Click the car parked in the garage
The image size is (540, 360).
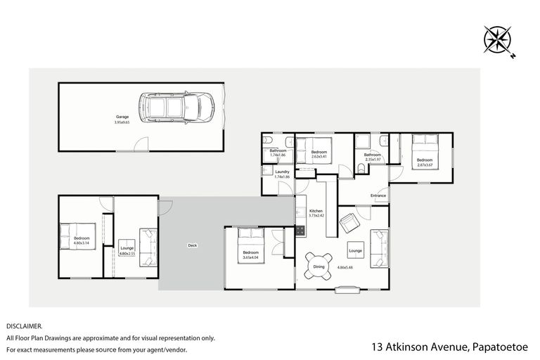pyautogui.click(x=176, y=107)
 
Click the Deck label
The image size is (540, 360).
pyautogui.click(x=192, y=245)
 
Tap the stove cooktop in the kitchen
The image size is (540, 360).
pyautogui.click(x=300, y=210)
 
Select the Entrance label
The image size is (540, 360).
pyautogui.click(x=378, y=195)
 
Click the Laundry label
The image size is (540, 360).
pyautogui.click(x=283, y=172)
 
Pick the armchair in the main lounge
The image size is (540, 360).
pyautogui.click(x=349, y=224)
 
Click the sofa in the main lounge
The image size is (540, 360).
pyautogui.click(x=377, y=245)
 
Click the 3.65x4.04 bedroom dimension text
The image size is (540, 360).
pyautogui.click(x=251, y=258)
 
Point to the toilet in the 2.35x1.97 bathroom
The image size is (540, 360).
pyautogui.click(x=361, y=167)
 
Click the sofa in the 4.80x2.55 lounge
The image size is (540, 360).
pyautogui.click(x=148, y=247)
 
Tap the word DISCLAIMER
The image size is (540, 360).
pyautogui.click(x=25, y=326)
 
